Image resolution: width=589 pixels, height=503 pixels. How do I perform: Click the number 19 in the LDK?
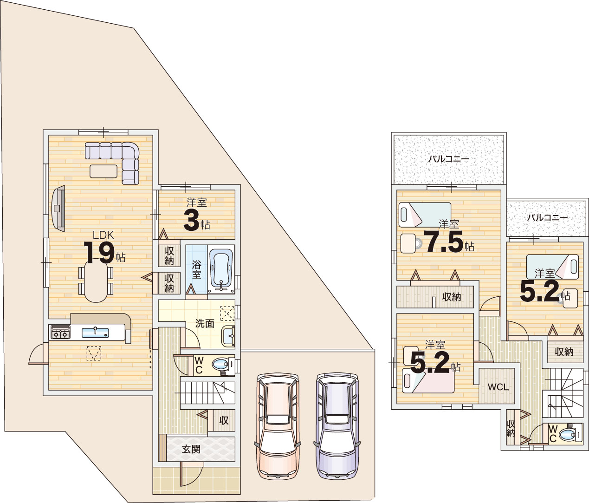point(99,253)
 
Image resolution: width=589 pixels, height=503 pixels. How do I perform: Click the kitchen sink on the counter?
point(95,333)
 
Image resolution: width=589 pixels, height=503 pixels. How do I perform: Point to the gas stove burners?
point(60,333)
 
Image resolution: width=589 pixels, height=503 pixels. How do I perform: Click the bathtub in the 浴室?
point(221,269)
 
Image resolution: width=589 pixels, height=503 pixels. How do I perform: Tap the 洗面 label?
point(205,324)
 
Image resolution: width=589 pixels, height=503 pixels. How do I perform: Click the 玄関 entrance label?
point(191,450)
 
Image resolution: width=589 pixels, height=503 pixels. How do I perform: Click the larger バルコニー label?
point(449,159)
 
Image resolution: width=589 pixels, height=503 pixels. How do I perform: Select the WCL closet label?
point(498,387)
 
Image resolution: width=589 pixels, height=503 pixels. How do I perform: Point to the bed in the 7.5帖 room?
point(425,215)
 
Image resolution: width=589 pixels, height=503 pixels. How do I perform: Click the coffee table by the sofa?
point(104,171)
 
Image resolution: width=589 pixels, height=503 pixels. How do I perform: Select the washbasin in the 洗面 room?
point(228,336)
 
